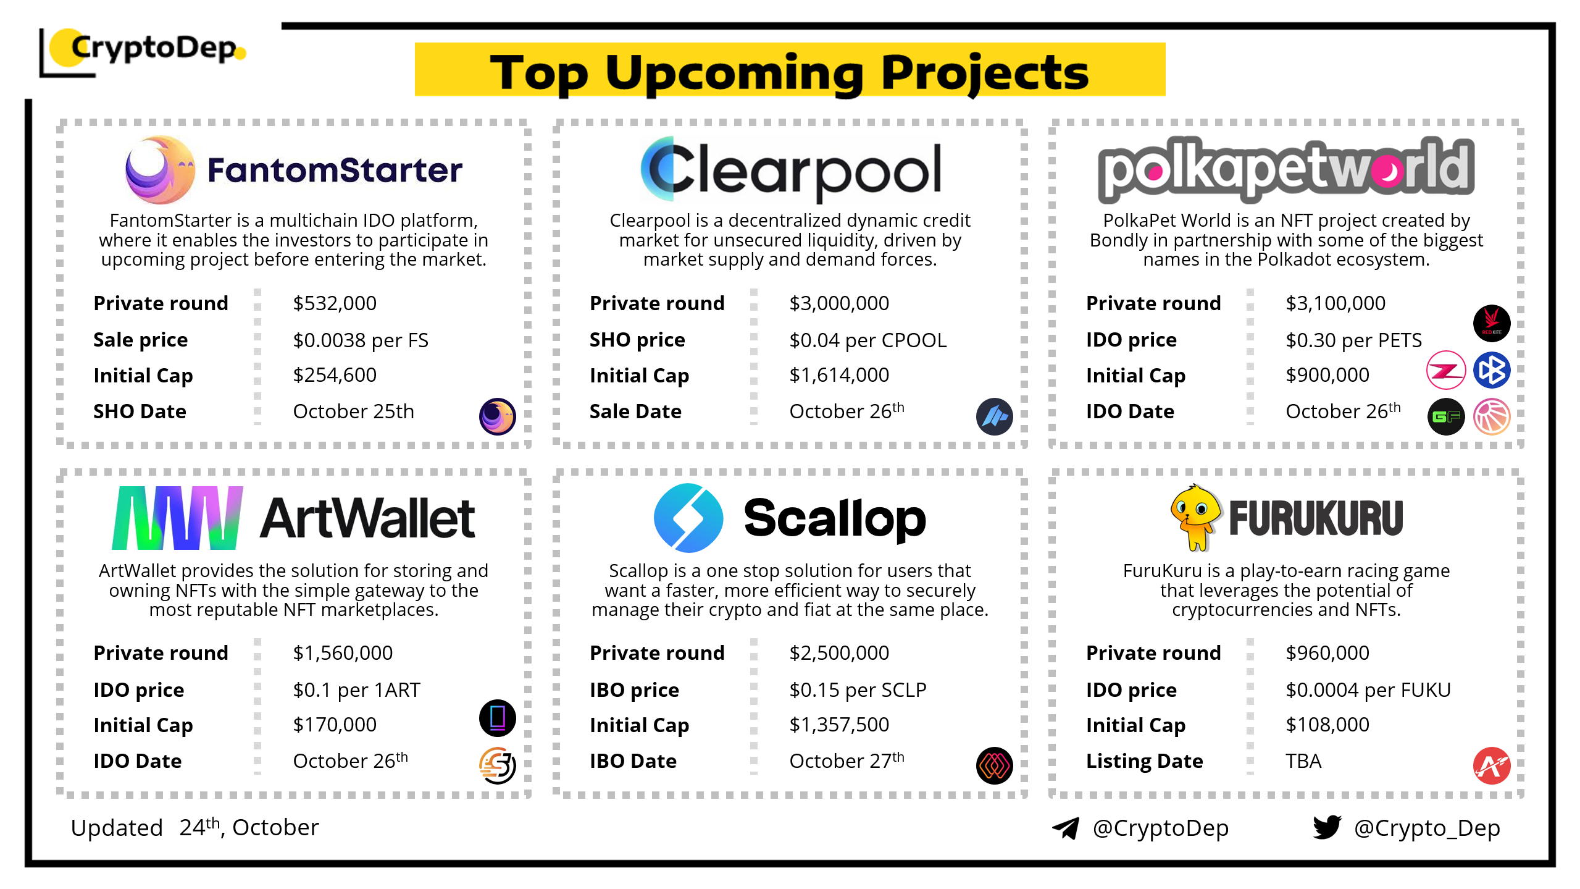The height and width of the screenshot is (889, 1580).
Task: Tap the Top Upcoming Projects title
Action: pyautogui.click(x=789, y=72)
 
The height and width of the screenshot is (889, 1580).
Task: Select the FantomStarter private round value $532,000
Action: pyautogui.click(x=335, y=303)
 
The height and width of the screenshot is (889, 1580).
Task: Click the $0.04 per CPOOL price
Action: pyautogui.click(x=867, y=340)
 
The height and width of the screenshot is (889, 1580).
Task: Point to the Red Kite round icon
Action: pyautogui.click(x=1492, y=323)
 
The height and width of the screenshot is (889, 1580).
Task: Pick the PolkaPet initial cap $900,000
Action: pyautogui.click(x=1327, y=375)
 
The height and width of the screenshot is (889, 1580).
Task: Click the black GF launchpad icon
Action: pyautogui.click(x=1446, y=417)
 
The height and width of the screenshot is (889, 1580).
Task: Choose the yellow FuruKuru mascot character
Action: pyautogui.click(x=1196, y=517)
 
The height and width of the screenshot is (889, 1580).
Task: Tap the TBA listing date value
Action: pyautogui.click(x=1303, y=761)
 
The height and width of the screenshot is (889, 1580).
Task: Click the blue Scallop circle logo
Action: pyautogui.click(x=688, y=518)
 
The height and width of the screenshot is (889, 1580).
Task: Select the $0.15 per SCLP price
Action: pyautogui.click(x=858, y=690)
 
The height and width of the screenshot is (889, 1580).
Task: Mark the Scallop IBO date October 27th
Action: pyautogui.click(x=846, y=760)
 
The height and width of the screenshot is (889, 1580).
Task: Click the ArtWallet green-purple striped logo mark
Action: pyautogui.click(x=177, y=518)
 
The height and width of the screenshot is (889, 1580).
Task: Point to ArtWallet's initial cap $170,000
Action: pyautogui.click(x=335, y=725)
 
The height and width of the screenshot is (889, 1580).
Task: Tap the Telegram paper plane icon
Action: pyautogui.click(x=1066, y=828)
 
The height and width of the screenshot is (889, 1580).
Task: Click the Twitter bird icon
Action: pyautogui.click(x=1327, y=827)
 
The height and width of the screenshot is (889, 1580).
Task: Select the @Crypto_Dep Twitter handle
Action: pyautogui.click(x=1427, y=828)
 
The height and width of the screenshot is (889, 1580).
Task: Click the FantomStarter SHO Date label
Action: pyautogui.click(x=140, y=411)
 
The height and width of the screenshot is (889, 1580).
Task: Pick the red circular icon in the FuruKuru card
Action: pyautogui.click(x=1492, y=766)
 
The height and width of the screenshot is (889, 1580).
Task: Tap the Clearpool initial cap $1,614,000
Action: pyautogui.click(x=839, y=375)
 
